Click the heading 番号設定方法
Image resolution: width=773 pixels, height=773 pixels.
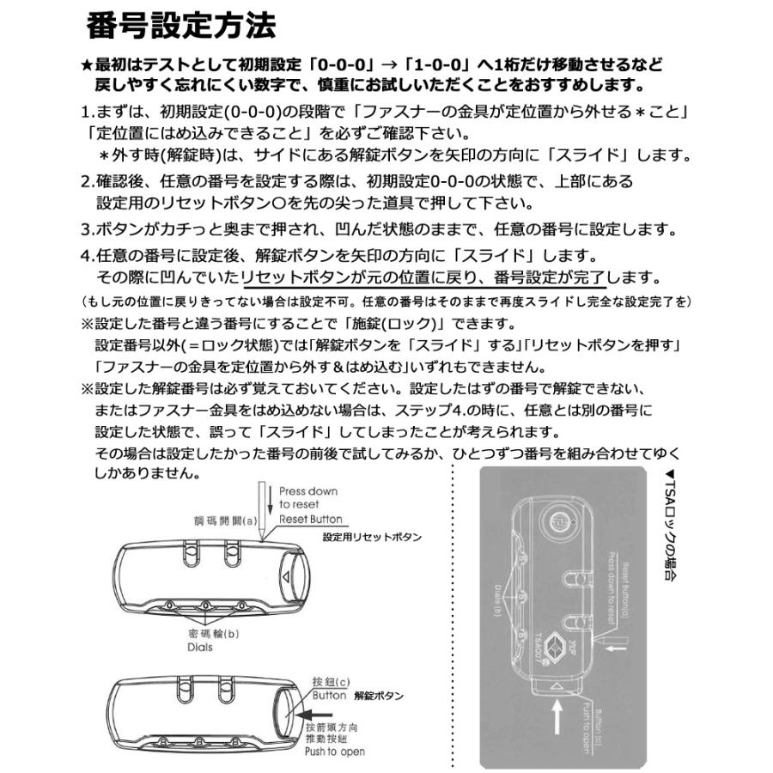coord(181,26)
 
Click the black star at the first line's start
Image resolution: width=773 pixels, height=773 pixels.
coord(87,65)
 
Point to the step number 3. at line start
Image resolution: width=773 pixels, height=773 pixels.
coord(87,230)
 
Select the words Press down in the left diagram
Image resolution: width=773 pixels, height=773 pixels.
coord(308,491)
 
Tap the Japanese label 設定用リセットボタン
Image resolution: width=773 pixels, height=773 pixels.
coord(372,537)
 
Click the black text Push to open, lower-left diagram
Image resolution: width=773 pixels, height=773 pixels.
coord(334,752)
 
